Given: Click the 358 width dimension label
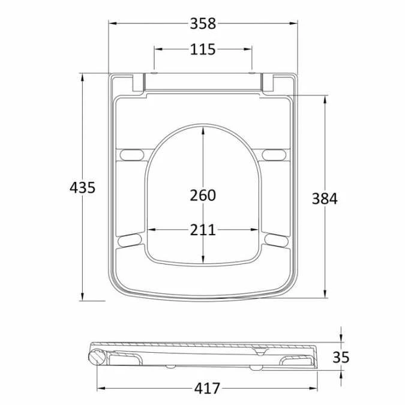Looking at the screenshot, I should tap(203, 23).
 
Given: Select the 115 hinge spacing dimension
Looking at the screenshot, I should tap(203, 49).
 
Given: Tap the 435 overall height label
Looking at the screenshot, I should tap(83, 187).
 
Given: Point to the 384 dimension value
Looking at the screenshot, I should tap(325, 198).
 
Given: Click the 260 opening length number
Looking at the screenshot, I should tap(203, 195).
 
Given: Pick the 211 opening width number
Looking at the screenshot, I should tap(203, 229).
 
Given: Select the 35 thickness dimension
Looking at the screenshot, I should tap(341, 357).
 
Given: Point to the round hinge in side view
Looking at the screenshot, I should tap(97, 358).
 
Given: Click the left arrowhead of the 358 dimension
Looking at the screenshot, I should tap(112, 23).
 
